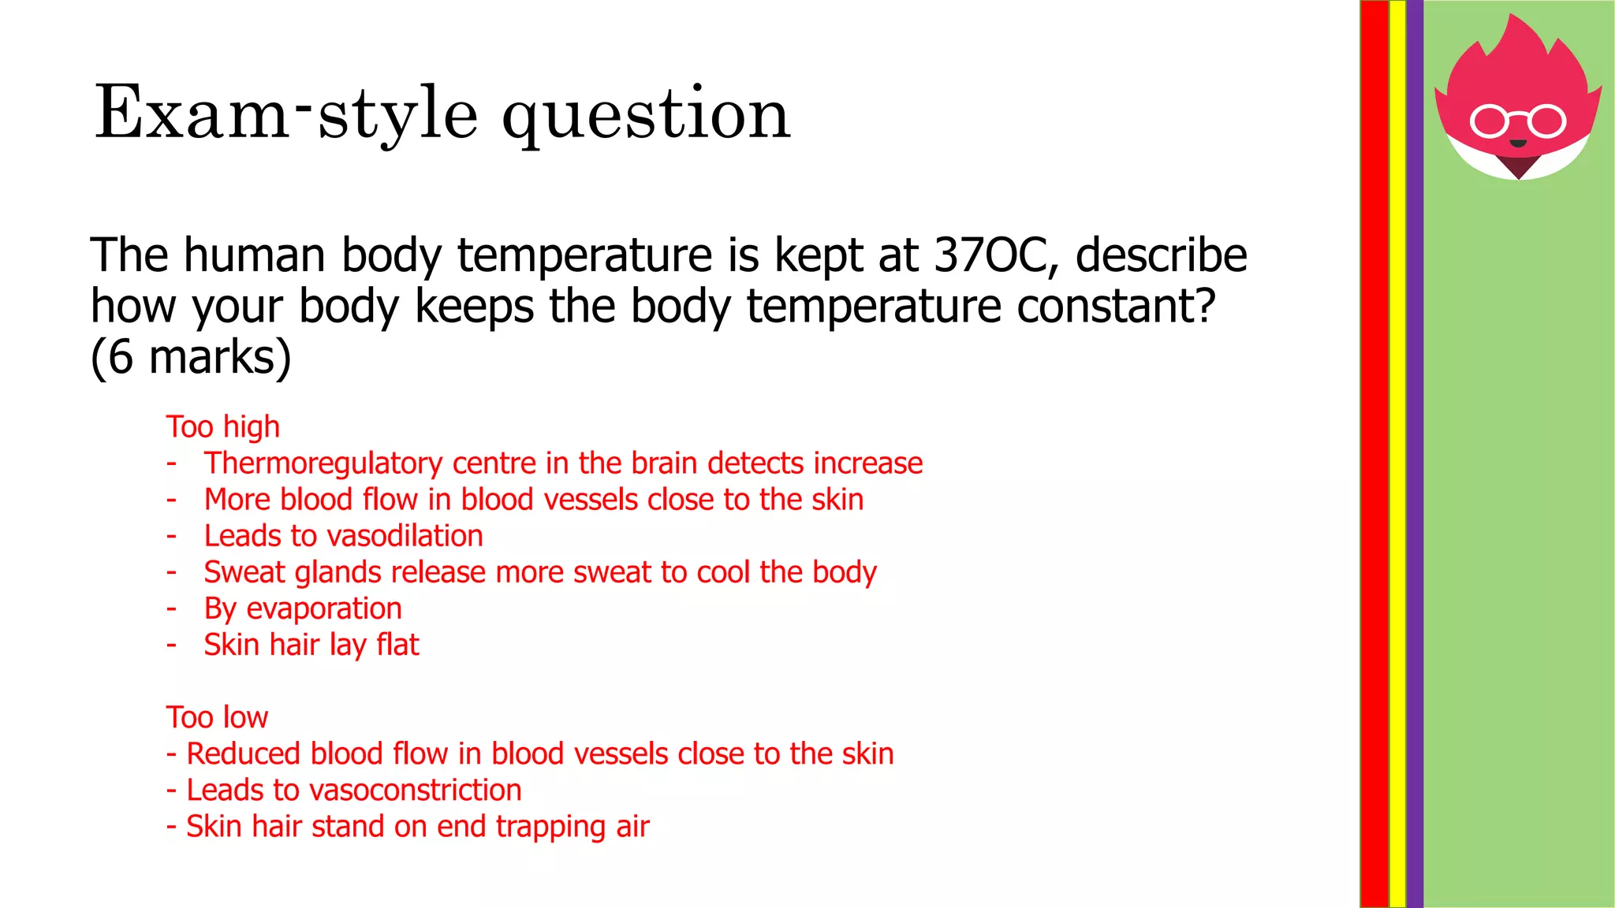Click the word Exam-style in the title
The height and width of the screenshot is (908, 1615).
tap(285, 114)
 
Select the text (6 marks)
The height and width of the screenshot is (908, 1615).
tap(191, 357)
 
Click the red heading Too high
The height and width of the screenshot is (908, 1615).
tap(223, 427)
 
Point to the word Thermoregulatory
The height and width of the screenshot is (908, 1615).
tap(323, 464)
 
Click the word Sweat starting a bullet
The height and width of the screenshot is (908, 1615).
tap(244, 573)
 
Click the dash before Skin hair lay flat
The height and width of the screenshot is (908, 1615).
tap(171, 646)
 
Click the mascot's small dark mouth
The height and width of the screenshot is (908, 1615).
tap(1518, 143)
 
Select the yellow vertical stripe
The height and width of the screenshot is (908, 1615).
tap(1397, 454)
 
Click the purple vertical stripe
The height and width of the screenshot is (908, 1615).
tap(1415, 454)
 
